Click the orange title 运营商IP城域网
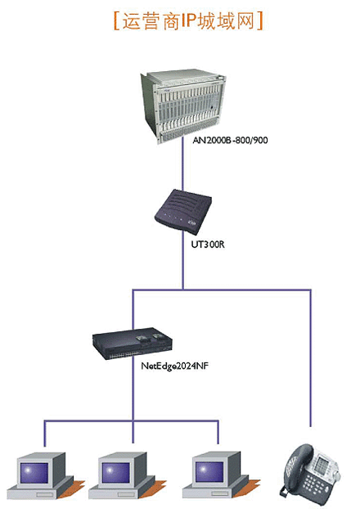(188, 21)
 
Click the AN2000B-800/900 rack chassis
(183, 106)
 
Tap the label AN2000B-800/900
(230, 140)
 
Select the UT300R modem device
(183, 211)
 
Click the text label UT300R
(208, 245)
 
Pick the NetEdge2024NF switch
(133, 344)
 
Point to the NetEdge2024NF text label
(175, 366)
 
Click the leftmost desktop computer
(46, 475)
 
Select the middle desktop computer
(128, 475)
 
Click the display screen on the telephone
(322, 464)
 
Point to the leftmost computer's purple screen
(34, 473)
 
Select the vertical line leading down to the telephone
(310, 358)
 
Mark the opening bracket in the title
(116, 21)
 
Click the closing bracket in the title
(260, 21)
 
